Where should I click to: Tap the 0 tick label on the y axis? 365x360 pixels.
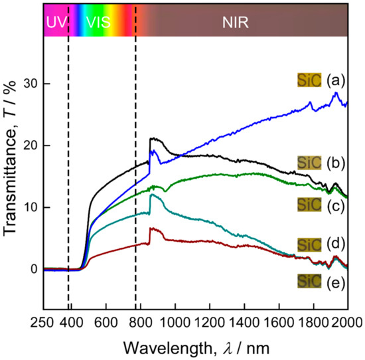tap(33, 269)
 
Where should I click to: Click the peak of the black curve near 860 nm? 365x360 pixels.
tap(152, 138)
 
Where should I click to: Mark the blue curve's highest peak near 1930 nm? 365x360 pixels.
tap(336, 93)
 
